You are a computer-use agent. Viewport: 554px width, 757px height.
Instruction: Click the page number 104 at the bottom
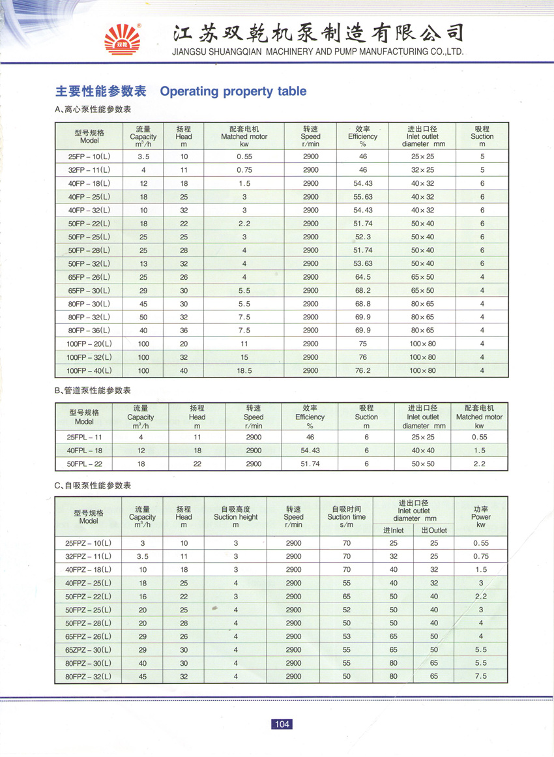click(x=282, y=724)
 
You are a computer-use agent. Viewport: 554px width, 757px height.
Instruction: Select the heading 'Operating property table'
click(x=233, y=91)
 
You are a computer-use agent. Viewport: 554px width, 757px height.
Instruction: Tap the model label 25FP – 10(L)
click(x=89, y=156)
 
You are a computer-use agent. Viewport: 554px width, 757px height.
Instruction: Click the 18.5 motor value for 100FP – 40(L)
click(x=244, y=370)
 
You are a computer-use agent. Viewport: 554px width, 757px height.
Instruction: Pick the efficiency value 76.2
click(x=363, y=370)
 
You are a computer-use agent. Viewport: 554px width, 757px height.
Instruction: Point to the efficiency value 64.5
click(x=363, y=277)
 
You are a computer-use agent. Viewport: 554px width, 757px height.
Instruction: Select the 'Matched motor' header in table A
click(x=244, y=137)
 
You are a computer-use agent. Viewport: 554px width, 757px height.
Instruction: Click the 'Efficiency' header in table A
click(x=363, y=137)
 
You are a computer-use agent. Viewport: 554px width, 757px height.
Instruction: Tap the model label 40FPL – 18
click(x=85, y=451)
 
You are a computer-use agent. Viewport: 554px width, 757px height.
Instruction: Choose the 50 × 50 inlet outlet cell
click(x=422, y=464)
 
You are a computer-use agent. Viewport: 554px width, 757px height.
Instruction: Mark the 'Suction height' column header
click(x=236, y=516)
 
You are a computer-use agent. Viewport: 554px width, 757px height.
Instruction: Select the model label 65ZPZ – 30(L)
click(x=88, y=650)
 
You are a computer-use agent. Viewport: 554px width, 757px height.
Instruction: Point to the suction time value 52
click(x=347, y=610)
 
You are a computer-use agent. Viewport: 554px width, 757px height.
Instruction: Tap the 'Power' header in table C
click(x=481, y=516)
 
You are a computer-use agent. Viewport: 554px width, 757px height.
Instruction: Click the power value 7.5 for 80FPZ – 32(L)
click(x=481, y=677)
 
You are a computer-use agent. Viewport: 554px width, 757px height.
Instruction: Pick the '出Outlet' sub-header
click(x=434, y=530)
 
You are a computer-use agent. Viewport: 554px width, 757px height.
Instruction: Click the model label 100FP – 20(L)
click(x=89, y=344)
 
